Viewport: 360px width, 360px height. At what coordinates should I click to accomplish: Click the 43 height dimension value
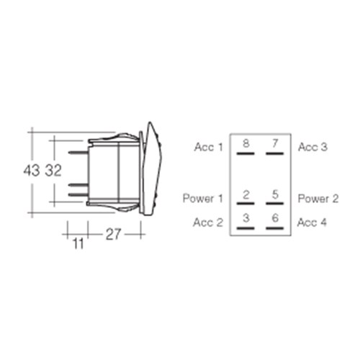click(x=31, y=171)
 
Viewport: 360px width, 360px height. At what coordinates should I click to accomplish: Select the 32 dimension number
click(x=53, y=171)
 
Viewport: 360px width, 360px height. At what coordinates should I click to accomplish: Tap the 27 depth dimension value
click(x=113, y=235)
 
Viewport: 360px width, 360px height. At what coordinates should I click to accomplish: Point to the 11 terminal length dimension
click(x=78, y=243)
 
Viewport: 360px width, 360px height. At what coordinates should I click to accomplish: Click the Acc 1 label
click(x=209, y=147)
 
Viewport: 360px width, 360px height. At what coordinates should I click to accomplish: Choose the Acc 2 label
click(x=208, y=222)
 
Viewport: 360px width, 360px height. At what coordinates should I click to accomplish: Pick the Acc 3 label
click(x=312, y=147)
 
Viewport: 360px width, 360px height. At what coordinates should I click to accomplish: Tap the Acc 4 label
click(x=312, y=222)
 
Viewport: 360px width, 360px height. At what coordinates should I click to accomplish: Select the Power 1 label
click(x=203, y=199)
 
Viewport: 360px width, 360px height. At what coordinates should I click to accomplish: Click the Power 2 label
click(x=318, y=199)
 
